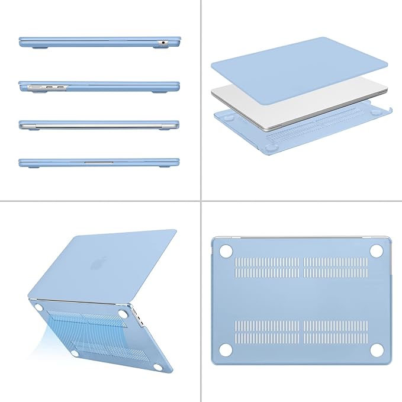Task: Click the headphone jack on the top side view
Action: tap(162, 43)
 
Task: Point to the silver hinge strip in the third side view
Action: tap(99, 125)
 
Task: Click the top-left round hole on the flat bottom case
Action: tap(226, 251)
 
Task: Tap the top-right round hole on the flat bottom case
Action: tap(375, 251)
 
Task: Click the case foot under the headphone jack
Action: tap(159, 49)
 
